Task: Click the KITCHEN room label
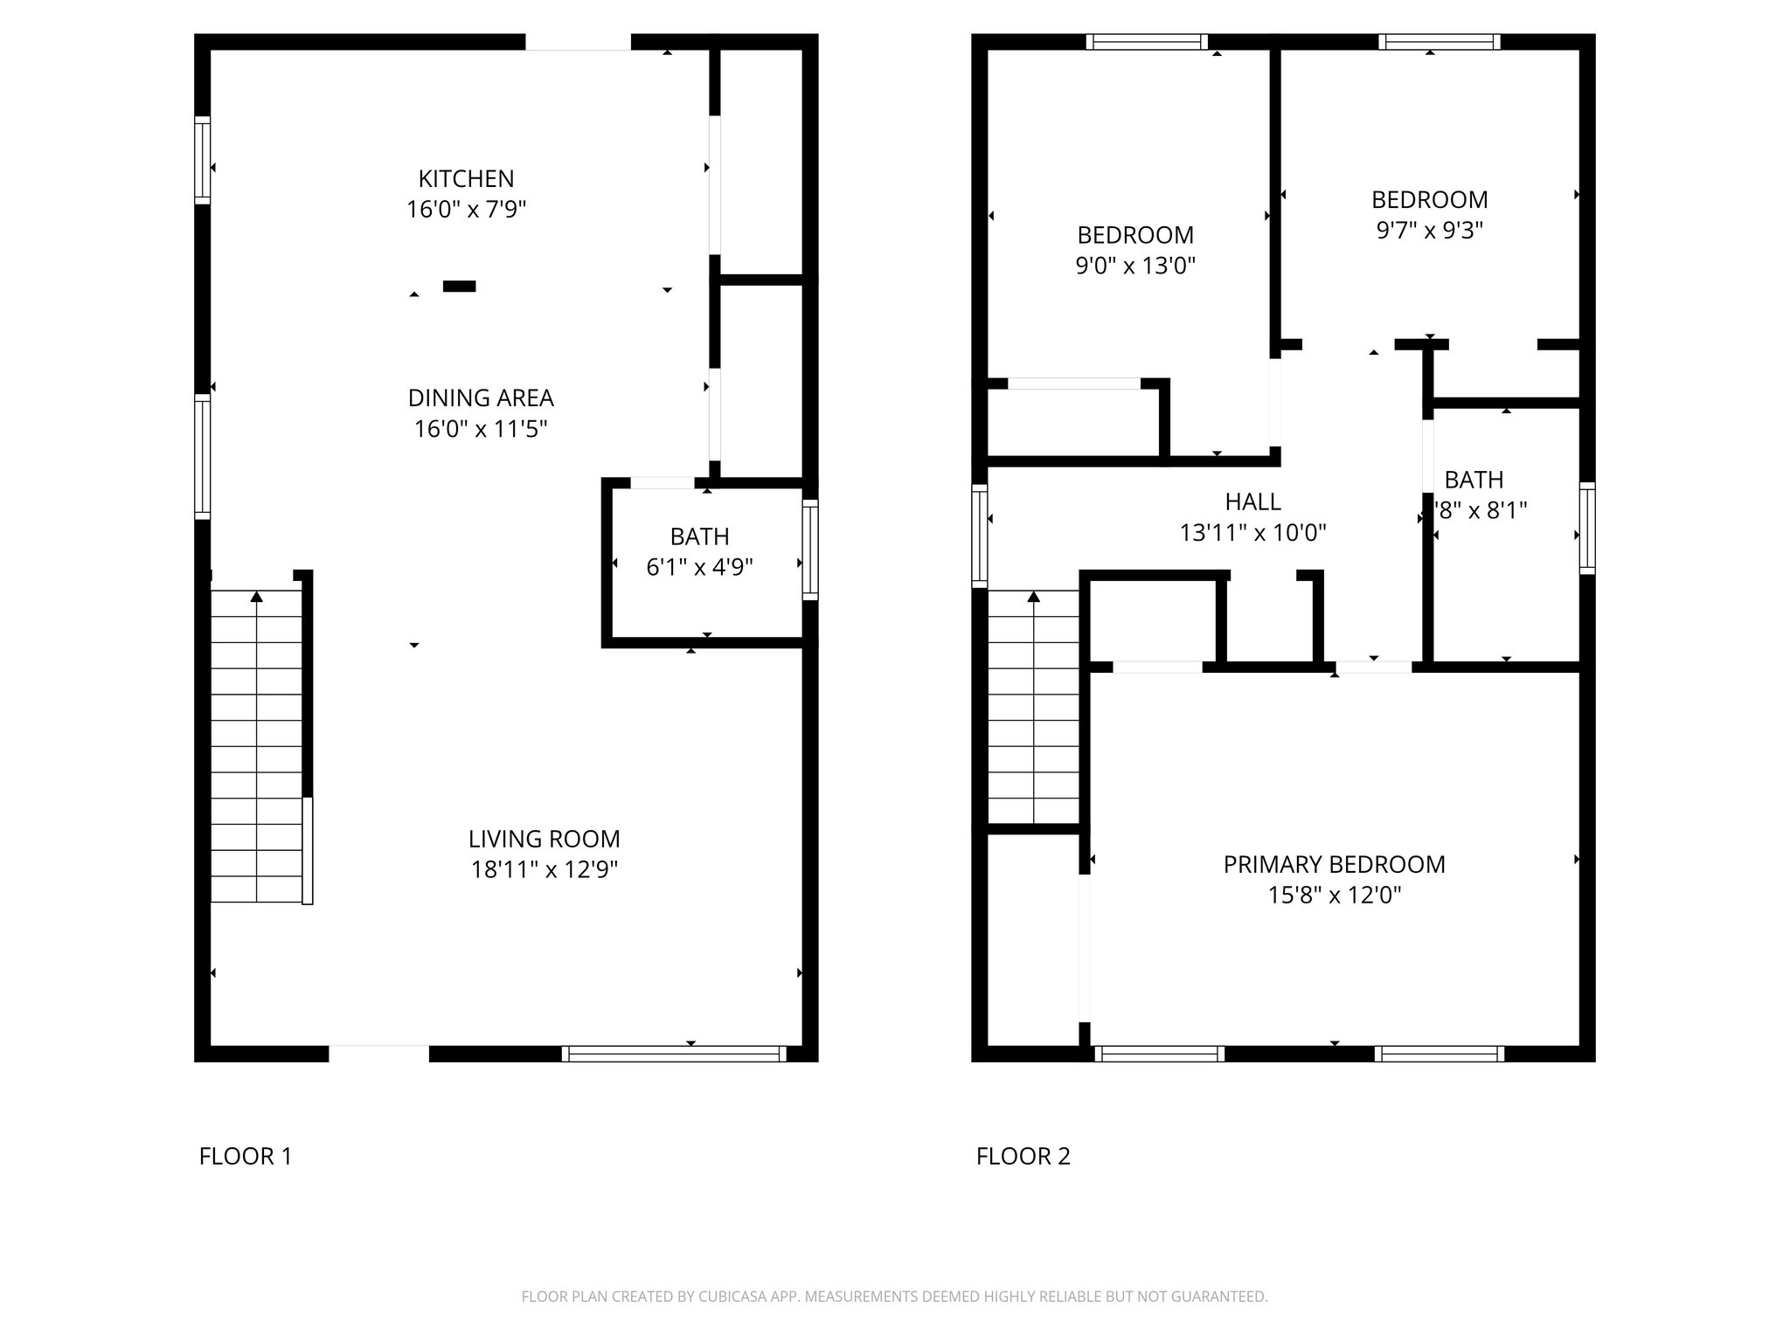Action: [x=466, y=178]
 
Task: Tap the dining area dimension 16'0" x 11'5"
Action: [x=480, y=429]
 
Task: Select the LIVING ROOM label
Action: [x=544, y=839]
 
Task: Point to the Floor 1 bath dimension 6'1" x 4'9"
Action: [x=699, y=568]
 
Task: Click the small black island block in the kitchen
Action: [x=459, y=286]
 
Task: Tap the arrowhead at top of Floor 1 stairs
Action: [x=256, y=597]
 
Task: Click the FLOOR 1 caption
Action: [x=246, y=1157]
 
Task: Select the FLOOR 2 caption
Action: [x=1023, y=1157]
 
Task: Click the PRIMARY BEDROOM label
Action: [x=1334, y=864]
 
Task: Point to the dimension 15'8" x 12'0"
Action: [x=1334, y=896]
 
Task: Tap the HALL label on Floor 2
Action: [x=1252, y=502]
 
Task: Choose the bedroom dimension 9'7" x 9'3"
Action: [x=1429, y=231]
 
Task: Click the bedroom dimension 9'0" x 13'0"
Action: [x=1134, y=266]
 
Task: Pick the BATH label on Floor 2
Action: [x=1474, y=480]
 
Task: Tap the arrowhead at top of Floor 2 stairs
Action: [x=1033, y=597]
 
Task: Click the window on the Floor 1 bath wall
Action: [x=810, y=549]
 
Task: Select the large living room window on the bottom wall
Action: [x=673, y=1054]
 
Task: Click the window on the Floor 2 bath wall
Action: [x=1586, y=528]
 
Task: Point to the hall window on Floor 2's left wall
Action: [x=980, y=535]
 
